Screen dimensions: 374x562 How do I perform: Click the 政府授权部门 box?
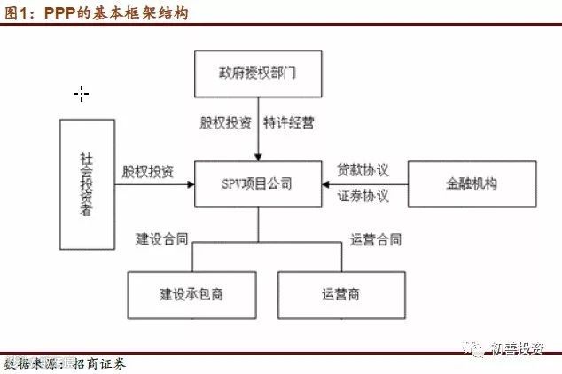point(257,74)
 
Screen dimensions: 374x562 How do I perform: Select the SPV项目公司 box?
point(257,185)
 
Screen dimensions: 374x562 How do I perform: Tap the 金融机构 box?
point(472,185)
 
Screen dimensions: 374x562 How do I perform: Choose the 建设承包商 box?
point(191,293)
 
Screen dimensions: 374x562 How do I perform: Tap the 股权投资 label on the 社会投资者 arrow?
point(148,170)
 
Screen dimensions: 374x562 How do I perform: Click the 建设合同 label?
point(160,238)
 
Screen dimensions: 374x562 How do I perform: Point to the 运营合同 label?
point(375,238)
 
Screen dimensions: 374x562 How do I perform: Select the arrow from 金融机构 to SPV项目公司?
point(363,185)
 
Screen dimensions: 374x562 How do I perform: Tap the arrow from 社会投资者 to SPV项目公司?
point(155,185)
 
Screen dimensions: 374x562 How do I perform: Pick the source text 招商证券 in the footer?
point(99,364)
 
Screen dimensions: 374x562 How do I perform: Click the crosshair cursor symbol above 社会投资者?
point(82,93)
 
